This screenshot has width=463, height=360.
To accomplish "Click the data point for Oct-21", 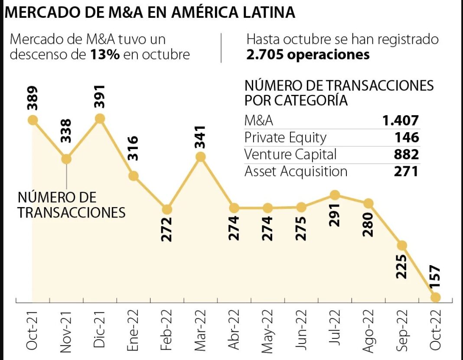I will coord(33,120).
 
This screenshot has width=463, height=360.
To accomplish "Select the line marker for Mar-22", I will coord(200,157).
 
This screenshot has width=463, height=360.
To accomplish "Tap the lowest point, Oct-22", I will coord(436,297).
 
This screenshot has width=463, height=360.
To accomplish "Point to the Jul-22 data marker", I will coord(335,195).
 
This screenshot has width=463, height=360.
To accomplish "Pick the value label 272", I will coord(167,229).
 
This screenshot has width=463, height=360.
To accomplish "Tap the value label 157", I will coord(436,277).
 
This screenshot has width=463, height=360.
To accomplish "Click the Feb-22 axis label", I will coord(167,329).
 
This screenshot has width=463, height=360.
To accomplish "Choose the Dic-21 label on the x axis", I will coord(100,329).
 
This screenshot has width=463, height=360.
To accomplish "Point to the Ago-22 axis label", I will coord(368,329).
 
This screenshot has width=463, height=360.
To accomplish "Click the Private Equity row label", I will coord(285,138).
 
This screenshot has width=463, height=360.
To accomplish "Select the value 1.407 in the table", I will coord(401,121).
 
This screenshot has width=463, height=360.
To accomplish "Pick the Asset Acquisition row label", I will coord(296,172).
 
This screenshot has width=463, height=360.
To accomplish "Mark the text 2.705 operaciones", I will coord(308,55).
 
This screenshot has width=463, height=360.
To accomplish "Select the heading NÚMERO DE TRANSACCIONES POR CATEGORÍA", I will coord(339,92).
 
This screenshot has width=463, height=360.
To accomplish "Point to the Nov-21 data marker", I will coord(66,159).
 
